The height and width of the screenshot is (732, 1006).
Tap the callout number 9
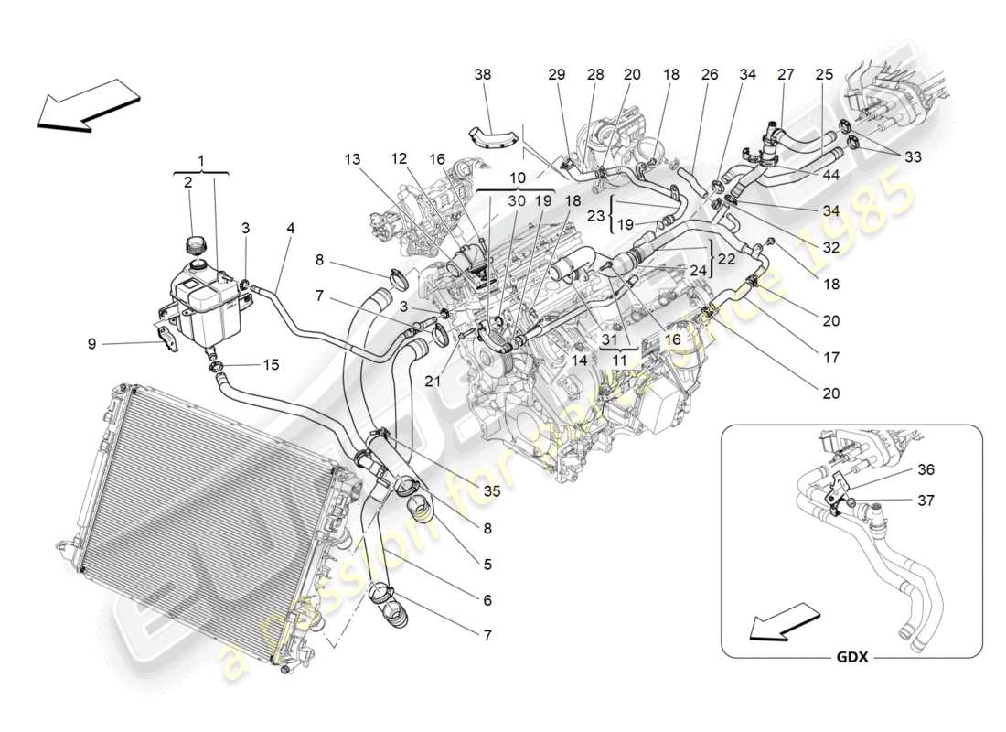tap(91, 344)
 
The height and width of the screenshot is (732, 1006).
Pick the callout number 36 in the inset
tap(926, 469)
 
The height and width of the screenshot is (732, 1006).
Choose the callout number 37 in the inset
tap(926, 500)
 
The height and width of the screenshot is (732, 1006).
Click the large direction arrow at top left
tap(85, 103)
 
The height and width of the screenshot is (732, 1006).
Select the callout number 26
tap(710, 74)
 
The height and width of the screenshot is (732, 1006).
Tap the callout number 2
tap(187, 182)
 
